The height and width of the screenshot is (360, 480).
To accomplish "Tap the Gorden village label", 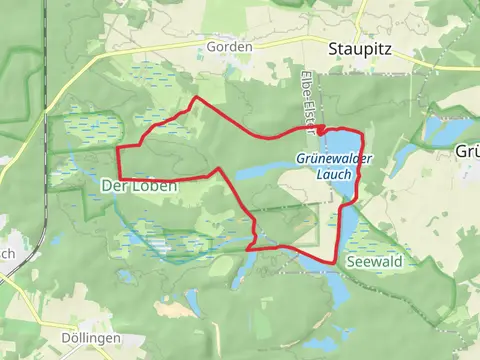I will pos(229,47).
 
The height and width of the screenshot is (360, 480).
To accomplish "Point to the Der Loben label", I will pos(140,186).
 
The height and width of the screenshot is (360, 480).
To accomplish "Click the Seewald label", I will pos(373,261).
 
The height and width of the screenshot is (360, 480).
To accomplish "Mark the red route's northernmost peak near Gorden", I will pos(195,98).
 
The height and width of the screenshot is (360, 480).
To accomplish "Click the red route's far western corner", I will pos(118,149).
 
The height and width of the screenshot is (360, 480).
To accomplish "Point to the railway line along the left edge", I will pos(46,150).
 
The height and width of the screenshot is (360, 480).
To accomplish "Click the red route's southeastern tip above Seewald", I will pos(334,262).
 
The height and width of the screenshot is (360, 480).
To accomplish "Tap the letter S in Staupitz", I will pos(334,47).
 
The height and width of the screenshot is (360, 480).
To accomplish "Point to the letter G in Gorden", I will pos(211,47).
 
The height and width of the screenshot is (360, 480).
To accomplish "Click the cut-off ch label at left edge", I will pos(6,253).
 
